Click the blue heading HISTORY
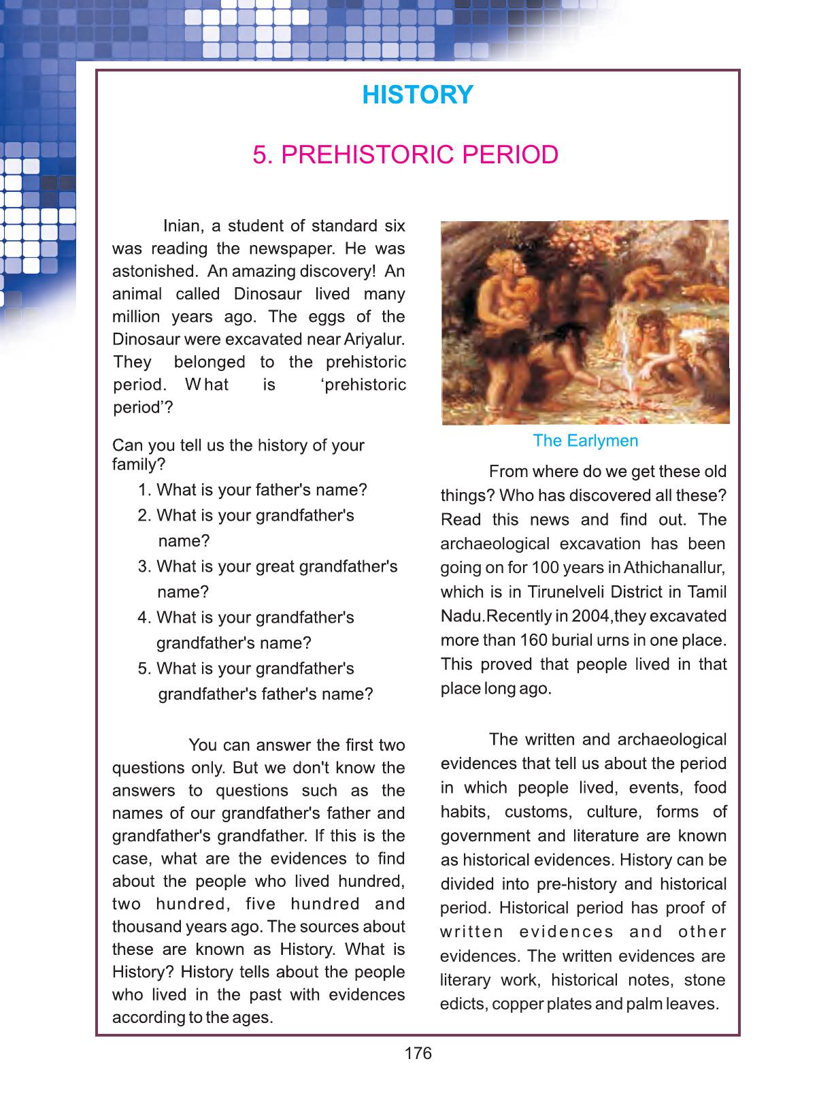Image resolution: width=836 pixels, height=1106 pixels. tap(417, 95)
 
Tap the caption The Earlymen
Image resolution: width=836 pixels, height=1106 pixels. tap(585, 440)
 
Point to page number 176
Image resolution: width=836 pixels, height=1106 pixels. tap(418, 1054)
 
